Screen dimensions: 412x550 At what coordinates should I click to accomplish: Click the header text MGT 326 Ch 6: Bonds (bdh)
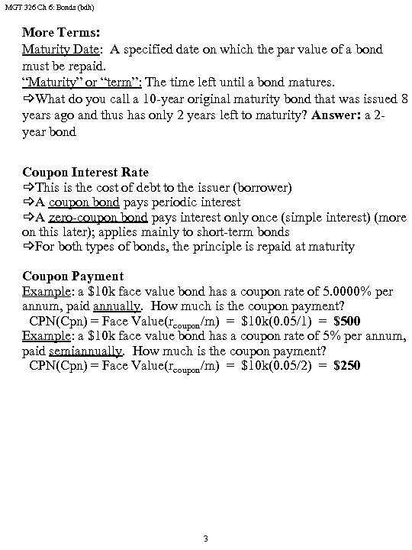(x=40, y=7)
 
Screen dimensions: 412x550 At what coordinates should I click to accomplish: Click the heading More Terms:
(x=60, y=34)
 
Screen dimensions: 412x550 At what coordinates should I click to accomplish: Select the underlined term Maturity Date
(x=61, y=50)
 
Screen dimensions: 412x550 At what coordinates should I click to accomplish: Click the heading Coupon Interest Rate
(x=85, y=172)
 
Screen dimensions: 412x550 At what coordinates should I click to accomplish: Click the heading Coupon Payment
(x=72, y=276)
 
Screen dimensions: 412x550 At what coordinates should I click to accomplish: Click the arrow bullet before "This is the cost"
(x=28, y=187)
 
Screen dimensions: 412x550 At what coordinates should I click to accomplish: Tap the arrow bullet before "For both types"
(x=28, y=247)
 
